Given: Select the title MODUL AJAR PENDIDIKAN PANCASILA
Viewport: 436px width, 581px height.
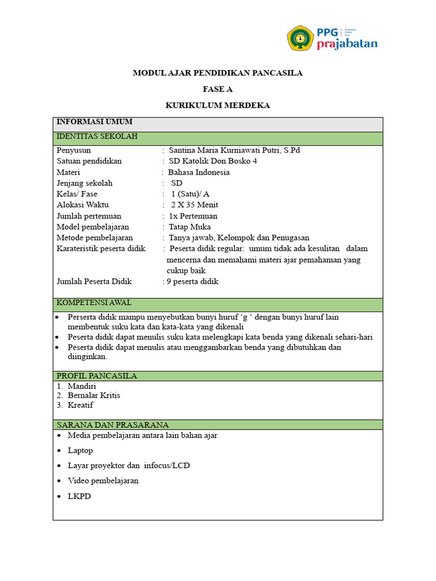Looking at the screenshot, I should (217, 73).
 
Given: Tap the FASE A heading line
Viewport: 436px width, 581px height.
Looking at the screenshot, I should (217, 89).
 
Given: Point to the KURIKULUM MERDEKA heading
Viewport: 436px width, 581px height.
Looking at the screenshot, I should (217, 106).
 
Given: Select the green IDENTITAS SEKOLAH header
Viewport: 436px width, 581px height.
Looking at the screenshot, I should (97, 137).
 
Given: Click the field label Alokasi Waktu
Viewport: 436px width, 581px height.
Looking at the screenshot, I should (83, 205).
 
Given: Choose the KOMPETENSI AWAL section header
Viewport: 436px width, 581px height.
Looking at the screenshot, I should (94, 303).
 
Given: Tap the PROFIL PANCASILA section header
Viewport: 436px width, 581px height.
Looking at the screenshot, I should (97, 376).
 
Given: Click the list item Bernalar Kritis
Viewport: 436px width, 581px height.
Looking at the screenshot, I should (94, 395).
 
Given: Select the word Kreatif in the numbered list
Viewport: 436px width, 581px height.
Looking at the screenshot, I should (81, 406).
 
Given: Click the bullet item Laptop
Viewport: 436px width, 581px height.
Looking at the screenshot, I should (80, 451).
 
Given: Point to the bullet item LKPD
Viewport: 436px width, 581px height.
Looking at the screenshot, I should (79, 496).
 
